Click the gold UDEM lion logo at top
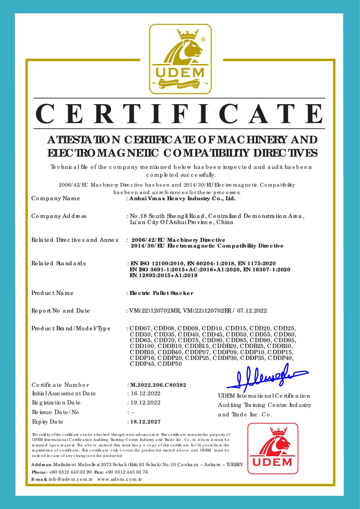coord(180,59)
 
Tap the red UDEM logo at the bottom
coord(273,448)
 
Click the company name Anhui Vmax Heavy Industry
coord(182,198)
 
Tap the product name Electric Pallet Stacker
coord(161,293)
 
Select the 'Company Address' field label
coord(59,216)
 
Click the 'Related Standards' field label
coord(59,264)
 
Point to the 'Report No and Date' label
coord(61,311)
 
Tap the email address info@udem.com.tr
coord(70,479)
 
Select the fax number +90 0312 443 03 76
coord(127,472)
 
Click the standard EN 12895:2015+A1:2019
coord(163,275)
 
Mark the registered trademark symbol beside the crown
coord(203,39)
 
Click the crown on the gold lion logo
coord(187,34)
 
